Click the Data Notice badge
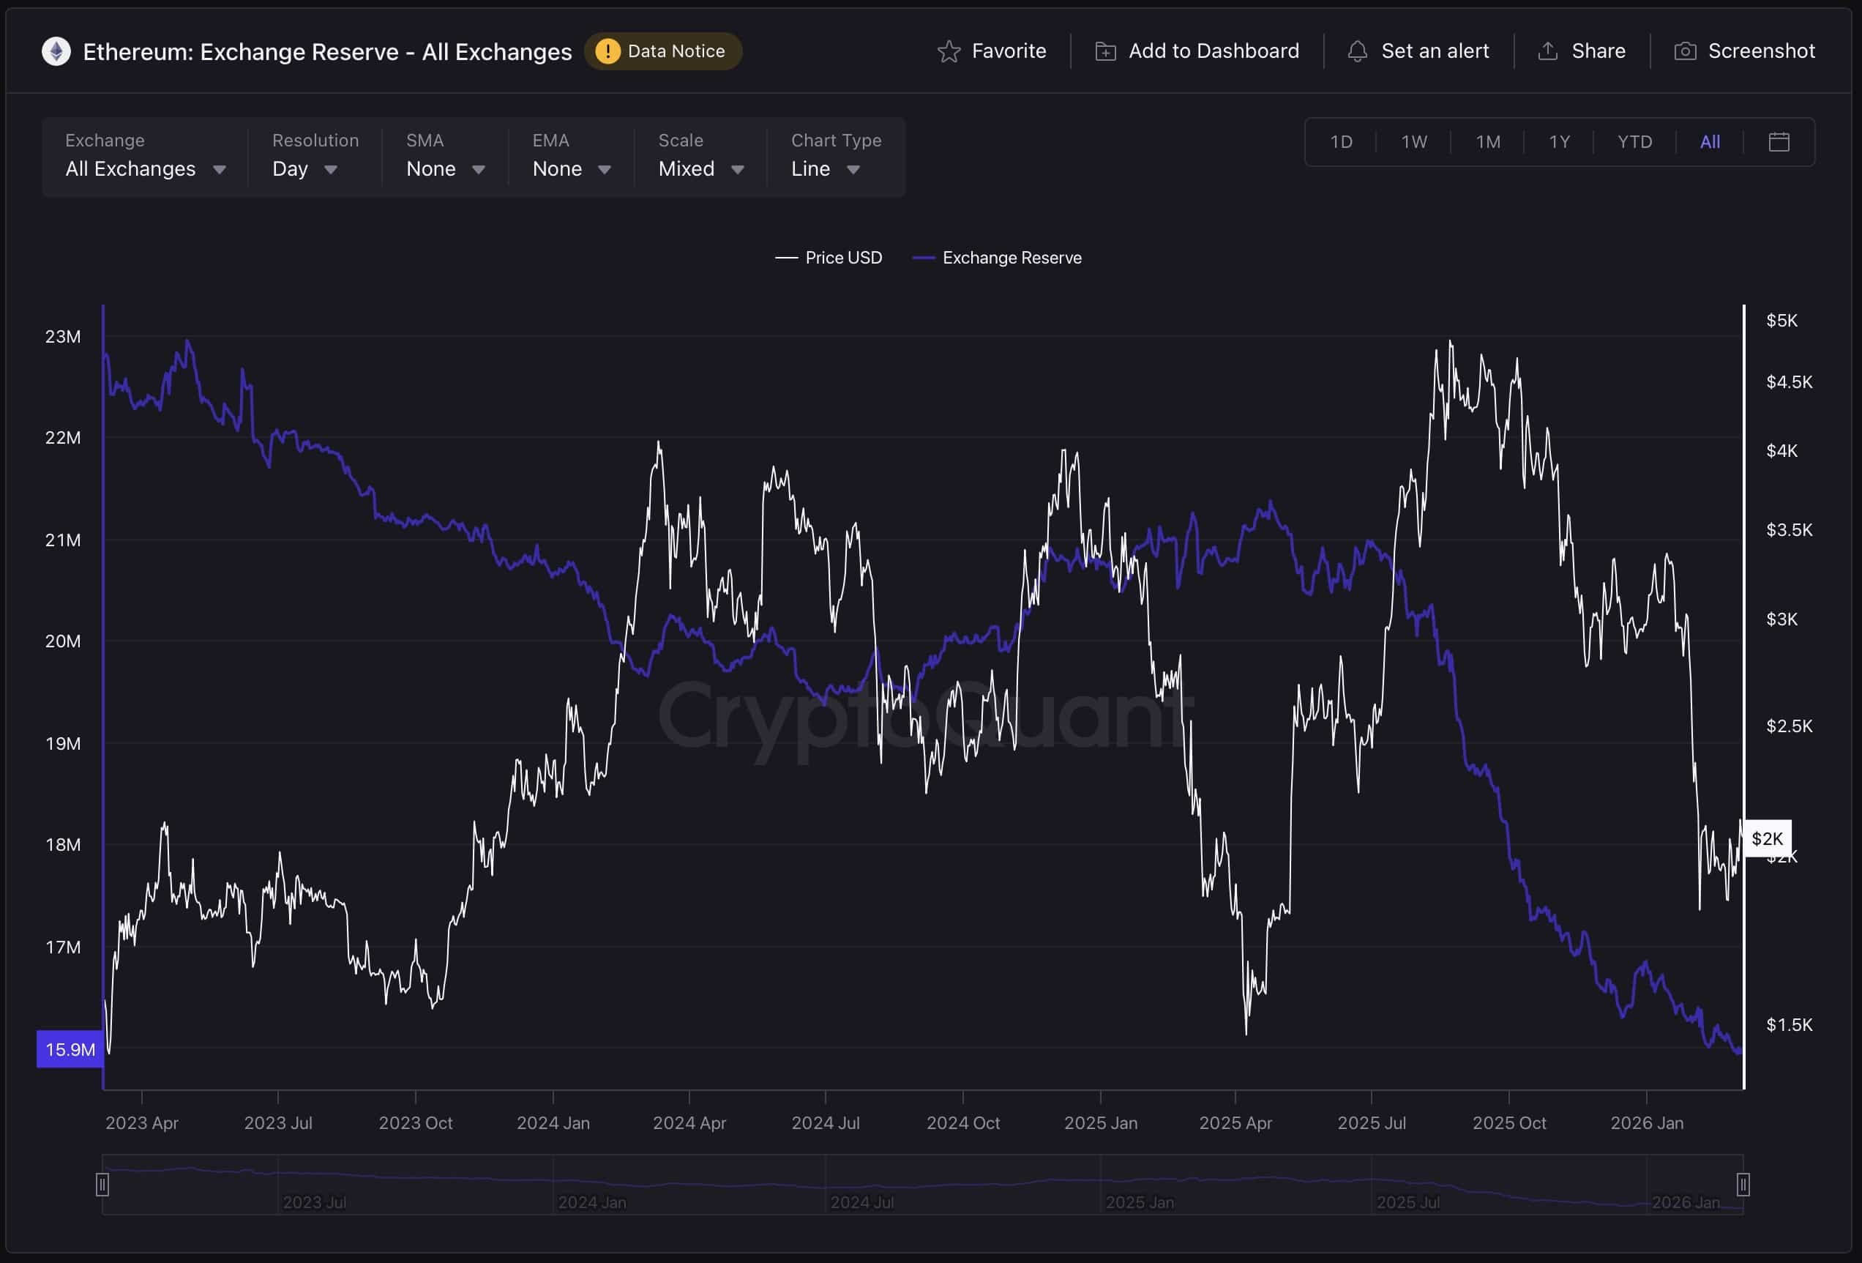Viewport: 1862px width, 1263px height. [662, 51]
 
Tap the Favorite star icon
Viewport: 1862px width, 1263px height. [949, 51]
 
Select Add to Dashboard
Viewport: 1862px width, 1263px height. [1197, 51]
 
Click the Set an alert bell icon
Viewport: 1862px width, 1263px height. [1357, 51]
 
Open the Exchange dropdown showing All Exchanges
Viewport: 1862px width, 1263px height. [145, 169]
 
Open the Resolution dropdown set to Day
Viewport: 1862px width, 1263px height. [304, 169]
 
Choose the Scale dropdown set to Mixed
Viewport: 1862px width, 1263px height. [701, 169]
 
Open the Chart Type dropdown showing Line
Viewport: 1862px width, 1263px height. [826, 169]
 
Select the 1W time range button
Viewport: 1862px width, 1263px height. [1413, 142]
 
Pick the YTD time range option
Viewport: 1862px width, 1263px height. [1634, 142]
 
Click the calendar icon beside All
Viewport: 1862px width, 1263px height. [1779, 142]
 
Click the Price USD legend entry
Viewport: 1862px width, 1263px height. [829, 258]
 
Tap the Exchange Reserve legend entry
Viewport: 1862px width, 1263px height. [998, 258]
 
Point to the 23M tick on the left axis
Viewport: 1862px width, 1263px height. [62, 337]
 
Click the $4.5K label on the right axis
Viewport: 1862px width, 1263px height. [1789, 382]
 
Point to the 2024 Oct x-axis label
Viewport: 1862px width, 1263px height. [963, 1122]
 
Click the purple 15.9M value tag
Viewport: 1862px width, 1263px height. [70, 1049]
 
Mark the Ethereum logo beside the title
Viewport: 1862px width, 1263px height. [56, 51]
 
